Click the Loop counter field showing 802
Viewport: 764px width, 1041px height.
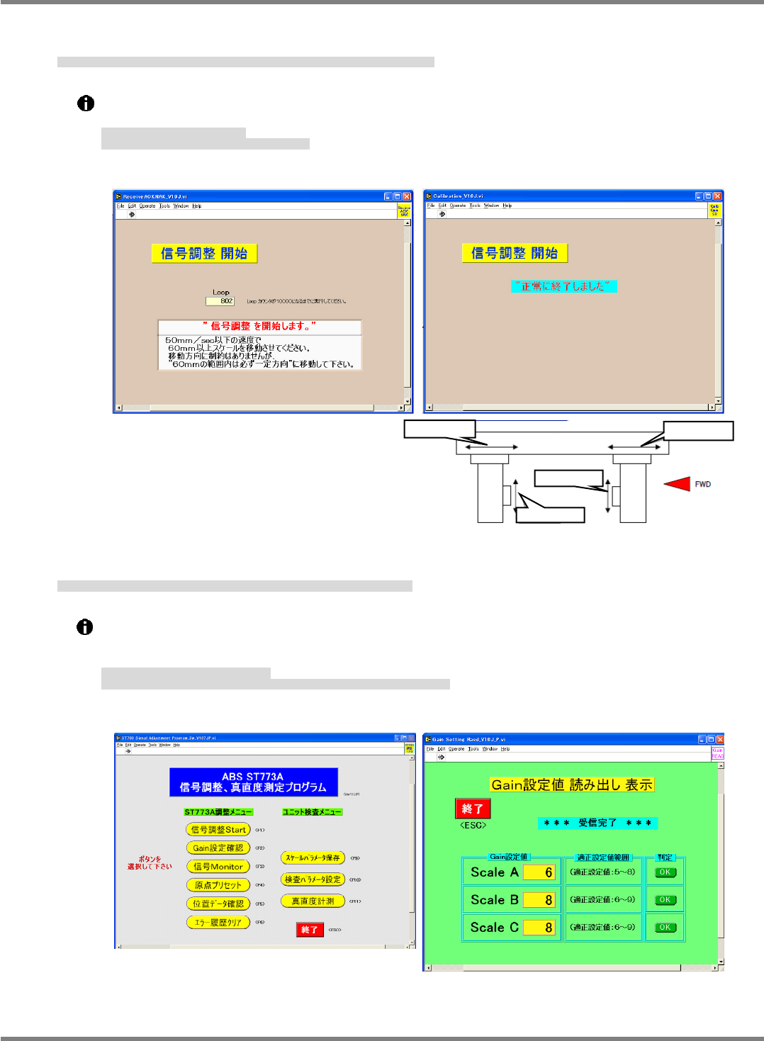220,301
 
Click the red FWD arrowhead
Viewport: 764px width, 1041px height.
678,484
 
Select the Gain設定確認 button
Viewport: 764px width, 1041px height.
218,848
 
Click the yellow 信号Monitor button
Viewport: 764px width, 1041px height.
218,867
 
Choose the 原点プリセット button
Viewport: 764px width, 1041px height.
218,885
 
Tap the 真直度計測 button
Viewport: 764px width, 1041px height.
313,901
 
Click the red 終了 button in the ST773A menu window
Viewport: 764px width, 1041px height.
310,930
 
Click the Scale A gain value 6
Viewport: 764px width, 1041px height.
539,872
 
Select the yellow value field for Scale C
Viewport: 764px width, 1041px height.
539,928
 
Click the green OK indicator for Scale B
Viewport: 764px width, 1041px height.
665,900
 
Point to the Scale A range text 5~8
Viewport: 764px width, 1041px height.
602,872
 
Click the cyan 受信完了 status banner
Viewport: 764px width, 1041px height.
597,823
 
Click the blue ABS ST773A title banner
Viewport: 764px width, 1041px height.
253,782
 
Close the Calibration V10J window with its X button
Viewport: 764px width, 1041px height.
717,196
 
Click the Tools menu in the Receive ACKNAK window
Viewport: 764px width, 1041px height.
164,206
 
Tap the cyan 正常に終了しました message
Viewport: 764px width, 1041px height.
563,286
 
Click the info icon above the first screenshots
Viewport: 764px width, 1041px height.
86,103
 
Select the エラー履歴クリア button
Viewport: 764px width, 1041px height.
218,923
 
